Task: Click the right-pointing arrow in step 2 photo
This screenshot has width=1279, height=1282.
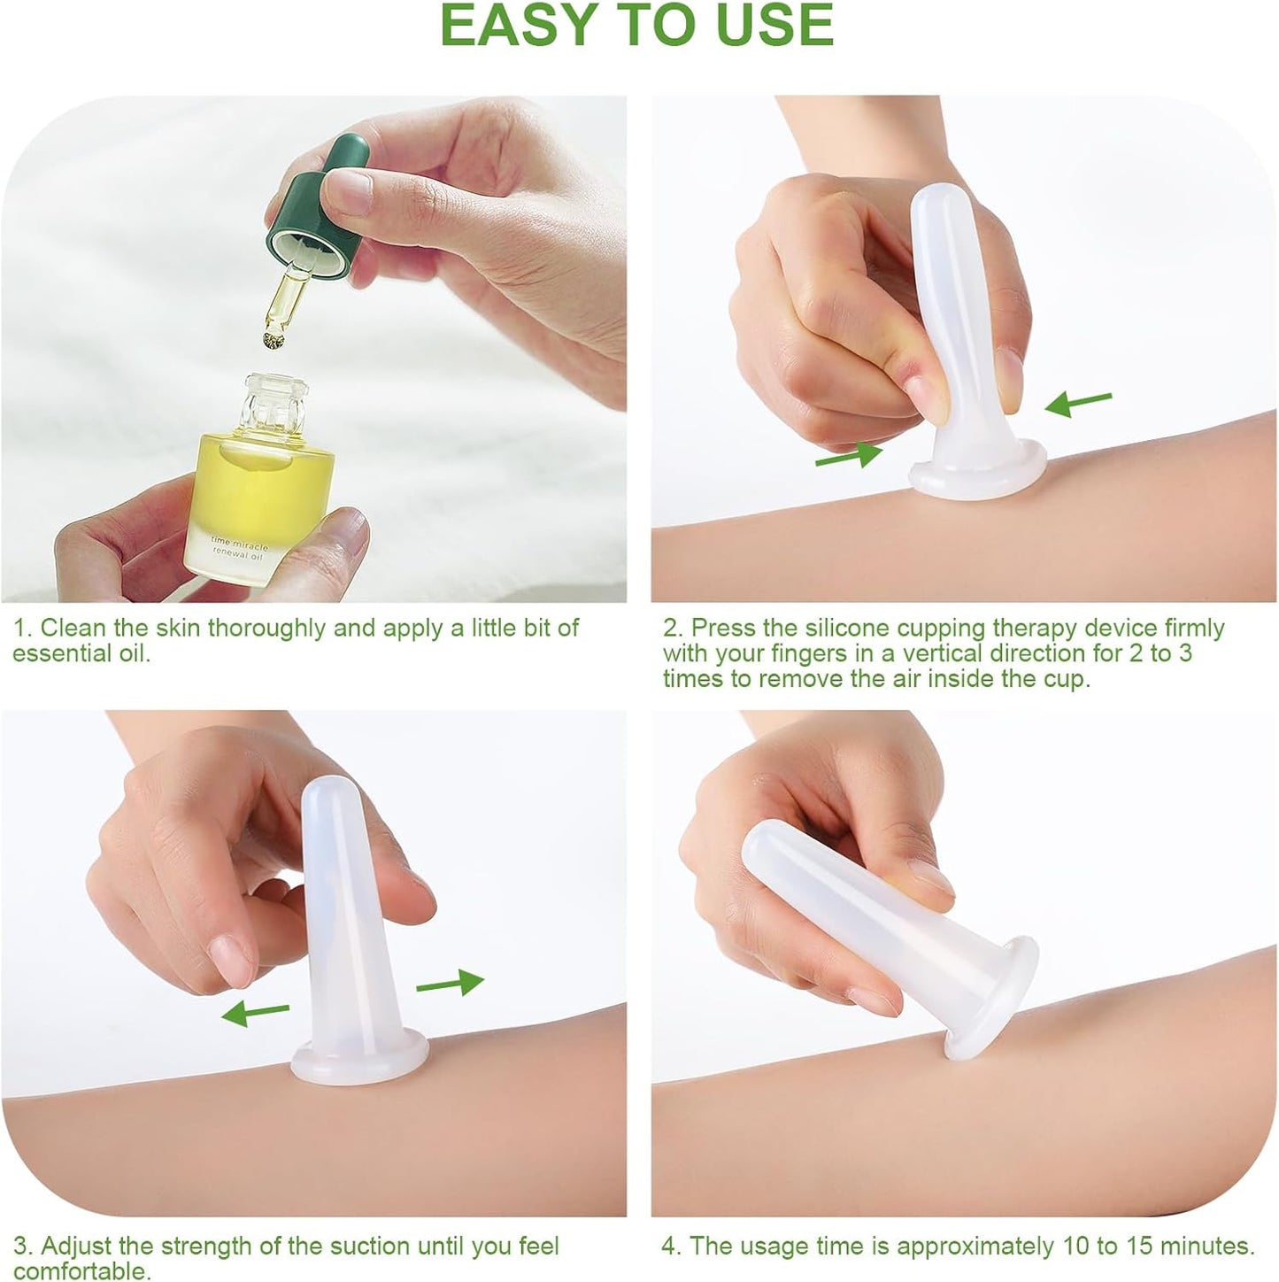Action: point(848,456)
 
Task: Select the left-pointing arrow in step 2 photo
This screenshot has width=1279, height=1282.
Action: point(1078,403)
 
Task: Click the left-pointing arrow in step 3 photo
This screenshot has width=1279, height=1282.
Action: point(255,1012)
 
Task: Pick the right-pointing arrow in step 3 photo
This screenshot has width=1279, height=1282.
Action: point(450,983)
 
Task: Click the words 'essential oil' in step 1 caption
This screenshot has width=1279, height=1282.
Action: point(81,653)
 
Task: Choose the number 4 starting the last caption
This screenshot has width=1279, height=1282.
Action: point(669,1246)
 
